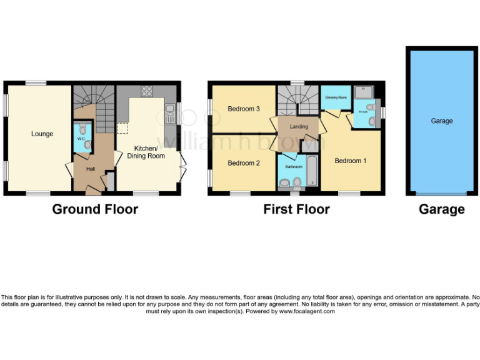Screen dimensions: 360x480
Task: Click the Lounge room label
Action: (x=42, y=134)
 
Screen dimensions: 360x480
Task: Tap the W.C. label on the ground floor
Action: (x=81, y=138)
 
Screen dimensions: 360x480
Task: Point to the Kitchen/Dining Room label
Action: (x=146, y=152)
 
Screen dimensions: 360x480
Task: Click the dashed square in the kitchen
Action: (x=123, y=128)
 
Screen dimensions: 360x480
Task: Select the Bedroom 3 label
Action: (x=243, y=109)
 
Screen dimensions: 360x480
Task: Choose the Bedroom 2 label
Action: (x=243, y=163)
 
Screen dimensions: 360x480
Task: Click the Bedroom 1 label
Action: (x=351, y=161)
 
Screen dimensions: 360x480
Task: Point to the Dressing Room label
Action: (x=336, y=97)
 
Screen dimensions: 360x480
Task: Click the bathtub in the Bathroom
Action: (x=312, y=173)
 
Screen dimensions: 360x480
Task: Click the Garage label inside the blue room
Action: (x=441, y=121)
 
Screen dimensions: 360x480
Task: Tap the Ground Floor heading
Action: (x=95, y=209)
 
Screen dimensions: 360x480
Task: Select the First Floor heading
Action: (x=296, y=209)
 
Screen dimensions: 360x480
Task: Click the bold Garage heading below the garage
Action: (x=441, y=209)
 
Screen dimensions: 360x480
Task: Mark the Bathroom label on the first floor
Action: (x=294, y=167)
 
